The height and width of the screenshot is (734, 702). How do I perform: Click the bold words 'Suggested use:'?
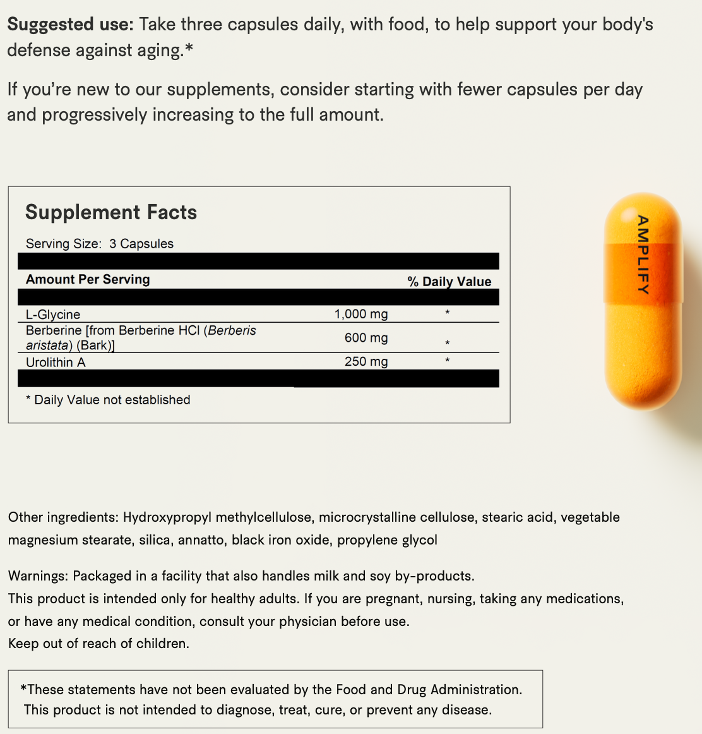(70, 25)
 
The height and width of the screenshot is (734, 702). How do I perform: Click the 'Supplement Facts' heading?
(111, 212)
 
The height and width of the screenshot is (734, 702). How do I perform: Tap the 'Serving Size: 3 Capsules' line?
(100, 244)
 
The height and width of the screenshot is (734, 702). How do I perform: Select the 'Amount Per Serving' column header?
(88, 279)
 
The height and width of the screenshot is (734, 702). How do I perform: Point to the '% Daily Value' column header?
(449, 282)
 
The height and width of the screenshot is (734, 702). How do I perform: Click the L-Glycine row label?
(53, 314)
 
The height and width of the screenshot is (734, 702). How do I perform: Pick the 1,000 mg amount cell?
(361, 314)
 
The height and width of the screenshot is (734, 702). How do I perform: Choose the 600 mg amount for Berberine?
(366, 338)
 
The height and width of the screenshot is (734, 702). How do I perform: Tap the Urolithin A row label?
(56, 362)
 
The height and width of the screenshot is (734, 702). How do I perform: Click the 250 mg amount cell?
(366, 361)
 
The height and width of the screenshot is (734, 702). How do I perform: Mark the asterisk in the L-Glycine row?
(447, 313)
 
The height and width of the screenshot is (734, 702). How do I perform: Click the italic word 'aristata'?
(47, 346)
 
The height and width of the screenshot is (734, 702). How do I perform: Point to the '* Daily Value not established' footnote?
(108, 400)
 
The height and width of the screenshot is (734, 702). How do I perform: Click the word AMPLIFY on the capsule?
(643, 255)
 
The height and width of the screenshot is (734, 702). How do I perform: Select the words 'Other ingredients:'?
(63, 517)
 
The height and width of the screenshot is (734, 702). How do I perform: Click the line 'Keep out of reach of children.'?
(98, 644)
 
